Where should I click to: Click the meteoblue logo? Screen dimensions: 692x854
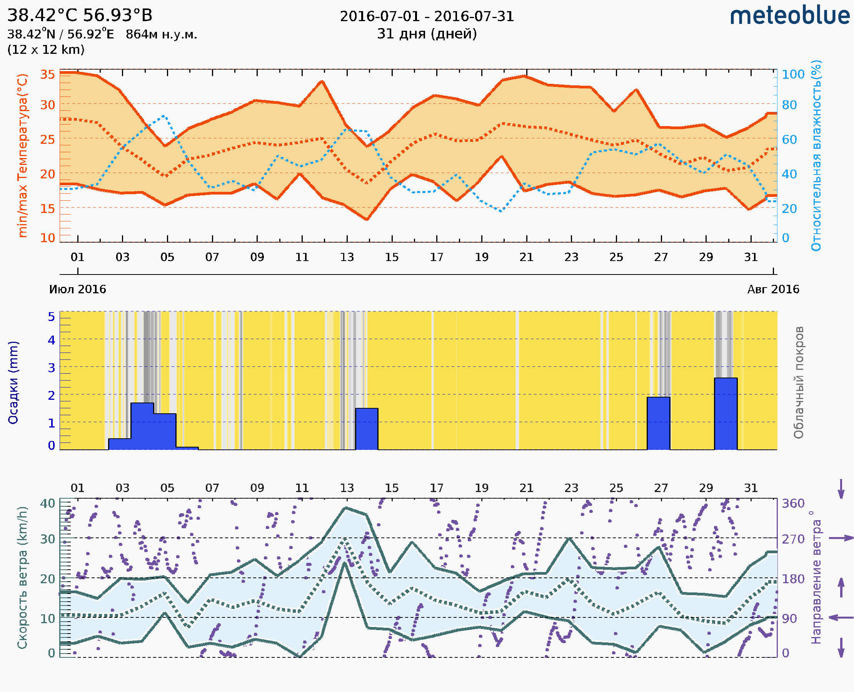coord(789,16)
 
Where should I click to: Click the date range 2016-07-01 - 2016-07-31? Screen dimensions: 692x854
coord(427,17)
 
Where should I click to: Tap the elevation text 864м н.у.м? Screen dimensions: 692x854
coord(161,35)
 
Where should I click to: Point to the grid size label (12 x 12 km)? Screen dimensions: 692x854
coord(46,50)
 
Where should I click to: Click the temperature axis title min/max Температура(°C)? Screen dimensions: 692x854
coord(23,155)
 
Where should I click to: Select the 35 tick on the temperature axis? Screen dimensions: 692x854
coord(47,75)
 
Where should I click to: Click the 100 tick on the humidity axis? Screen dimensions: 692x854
coord(793,75)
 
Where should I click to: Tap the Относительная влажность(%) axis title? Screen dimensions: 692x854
coord(816,155)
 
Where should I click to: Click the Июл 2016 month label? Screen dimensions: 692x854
coord(78,289)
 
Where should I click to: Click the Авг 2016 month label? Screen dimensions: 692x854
coord(773,289)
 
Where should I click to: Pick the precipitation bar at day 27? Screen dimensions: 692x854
coord(658,423)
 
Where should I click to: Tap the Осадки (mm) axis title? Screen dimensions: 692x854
coord(13,383)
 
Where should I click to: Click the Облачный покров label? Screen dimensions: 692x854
coord(799,383)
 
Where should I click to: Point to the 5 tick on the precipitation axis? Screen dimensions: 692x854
coord(52,317)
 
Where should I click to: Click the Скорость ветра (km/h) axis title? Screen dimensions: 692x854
coord(23,577)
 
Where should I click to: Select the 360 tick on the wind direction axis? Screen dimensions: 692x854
coord(793,504)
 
